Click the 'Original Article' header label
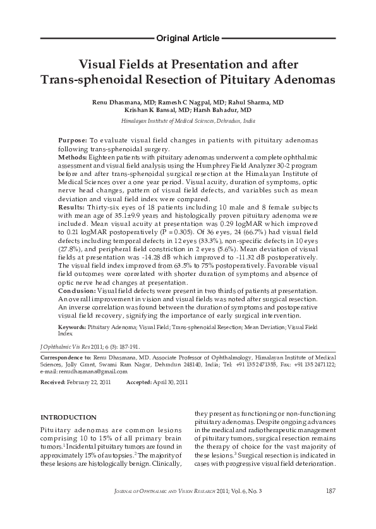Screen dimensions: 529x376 (x=188, y=39)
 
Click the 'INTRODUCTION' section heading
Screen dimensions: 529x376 (x=68, y=418)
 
